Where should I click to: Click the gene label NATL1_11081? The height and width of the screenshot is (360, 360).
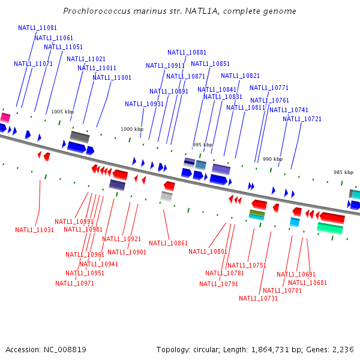tap(37, 28)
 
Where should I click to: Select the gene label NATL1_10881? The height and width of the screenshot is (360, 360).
tap(187, 52)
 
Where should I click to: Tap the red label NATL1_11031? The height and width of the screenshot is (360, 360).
tap(34, 230)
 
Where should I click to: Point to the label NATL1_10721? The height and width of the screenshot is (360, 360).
tap(302, 119)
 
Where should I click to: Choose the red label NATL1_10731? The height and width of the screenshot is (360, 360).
tap(258, 298)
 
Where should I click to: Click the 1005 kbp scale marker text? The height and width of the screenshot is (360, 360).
tap(62, 112)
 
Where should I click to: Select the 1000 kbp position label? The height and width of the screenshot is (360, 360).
tap(132, 129)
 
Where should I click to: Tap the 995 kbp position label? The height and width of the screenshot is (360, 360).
tap(203, 145)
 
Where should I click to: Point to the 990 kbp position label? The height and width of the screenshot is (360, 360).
tap(272, 159)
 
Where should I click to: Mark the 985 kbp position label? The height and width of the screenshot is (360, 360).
tap(344, 172)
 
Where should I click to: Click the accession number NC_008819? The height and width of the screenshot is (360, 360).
tap(65, 349)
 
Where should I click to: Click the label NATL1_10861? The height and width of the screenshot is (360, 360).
tap(168, 243)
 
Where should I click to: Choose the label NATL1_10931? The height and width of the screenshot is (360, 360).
tap(144, 104)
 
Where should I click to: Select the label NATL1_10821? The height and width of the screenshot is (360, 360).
tap(240, 76)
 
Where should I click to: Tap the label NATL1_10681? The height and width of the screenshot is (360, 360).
tap(307, 283)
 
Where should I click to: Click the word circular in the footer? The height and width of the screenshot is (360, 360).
tap(209, 349)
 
